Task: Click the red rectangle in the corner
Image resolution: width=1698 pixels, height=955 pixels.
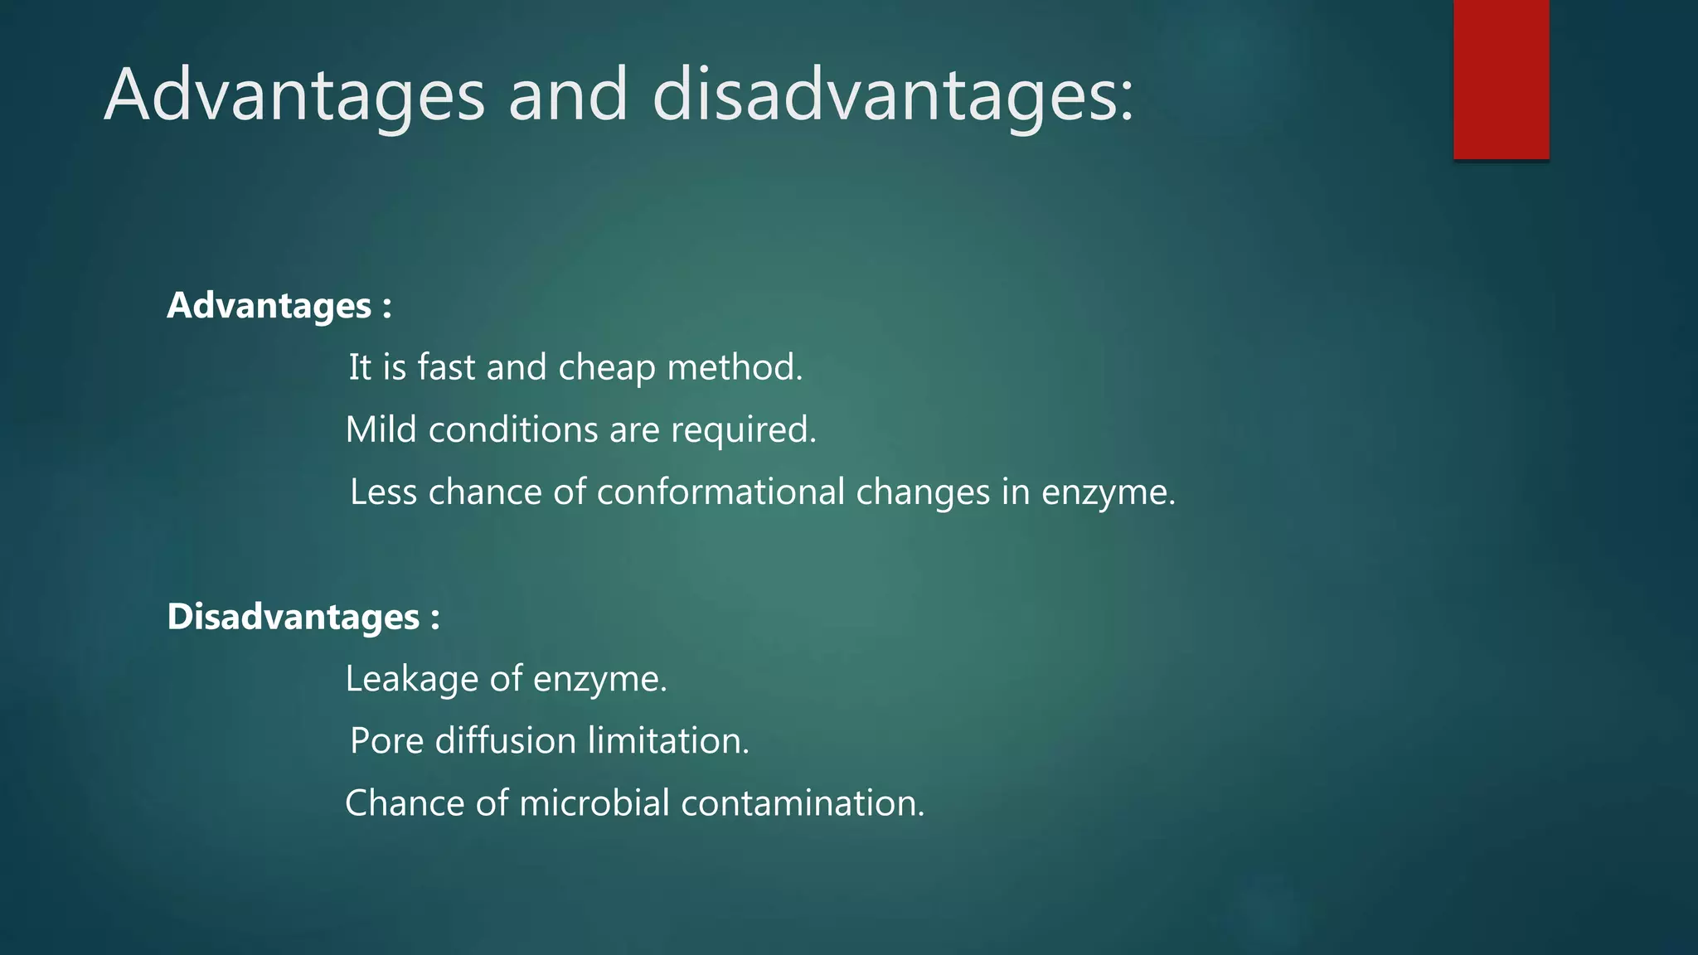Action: [1501, 80]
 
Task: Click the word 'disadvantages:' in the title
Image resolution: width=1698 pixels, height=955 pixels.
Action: [893, 95]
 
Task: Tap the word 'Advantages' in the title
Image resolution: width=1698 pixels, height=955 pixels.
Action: [294, 95]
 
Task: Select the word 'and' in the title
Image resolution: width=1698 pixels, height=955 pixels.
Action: [568, 95]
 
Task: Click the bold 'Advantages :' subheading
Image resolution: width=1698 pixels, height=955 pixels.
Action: [279, 306]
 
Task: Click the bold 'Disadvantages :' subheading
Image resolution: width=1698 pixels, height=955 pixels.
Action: [303, 617]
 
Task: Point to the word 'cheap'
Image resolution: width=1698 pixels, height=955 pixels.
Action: [607, 368]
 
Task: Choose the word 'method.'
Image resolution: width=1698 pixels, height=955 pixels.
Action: [735, 367]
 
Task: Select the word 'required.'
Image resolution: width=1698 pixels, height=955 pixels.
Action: [744, 430]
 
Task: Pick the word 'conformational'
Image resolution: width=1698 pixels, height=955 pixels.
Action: [720, 492]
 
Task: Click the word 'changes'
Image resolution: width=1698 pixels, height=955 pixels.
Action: [923, 492]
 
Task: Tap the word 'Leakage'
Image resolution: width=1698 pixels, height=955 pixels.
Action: [411, 679]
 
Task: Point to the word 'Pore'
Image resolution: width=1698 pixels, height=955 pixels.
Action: [386, 740]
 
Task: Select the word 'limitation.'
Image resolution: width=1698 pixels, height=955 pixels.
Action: [668, 740]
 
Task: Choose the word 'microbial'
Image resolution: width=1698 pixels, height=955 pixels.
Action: [594, 802]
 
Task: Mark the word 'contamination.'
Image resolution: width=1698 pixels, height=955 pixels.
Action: [803, 802]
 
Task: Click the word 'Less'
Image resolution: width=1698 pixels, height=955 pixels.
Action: [383, 492]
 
